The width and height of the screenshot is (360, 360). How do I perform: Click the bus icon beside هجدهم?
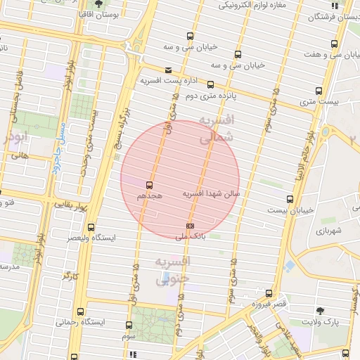coord(149,185)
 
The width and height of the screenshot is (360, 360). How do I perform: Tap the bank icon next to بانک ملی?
coord(190,226)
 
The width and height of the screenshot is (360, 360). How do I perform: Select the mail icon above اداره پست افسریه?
coord(167,70)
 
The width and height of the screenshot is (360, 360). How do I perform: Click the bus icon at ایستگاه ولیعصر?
coord(90,226)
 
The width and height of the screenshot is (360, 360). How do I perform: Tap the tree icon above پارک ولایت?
coord(321,310)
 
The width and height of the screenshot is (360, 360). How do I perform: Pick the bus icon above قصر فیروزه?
coord(269,292)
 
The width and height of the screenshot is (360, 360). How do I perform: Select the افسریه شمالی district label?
coord(215,129)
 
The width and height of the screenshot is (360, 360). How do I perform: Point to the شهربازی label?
coord(328,231)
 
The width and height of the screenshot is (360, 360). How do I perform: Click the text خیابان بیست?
coord(291,210)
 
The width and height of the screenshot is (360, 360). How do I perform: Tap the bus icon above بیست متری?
coord(319,91)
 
